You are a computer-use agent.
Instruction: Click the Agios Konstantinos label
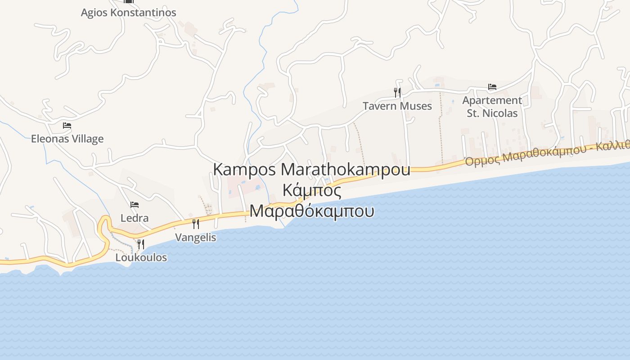point(128,13)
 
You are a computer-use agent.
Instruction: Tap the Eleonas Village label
point(67,139)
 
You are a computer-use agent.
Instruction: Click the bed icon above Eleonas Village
point(67,126)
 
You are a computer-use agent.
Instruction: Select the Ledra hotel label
point(135,218)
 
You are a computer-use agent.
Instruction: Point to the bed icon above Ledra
point(135,205)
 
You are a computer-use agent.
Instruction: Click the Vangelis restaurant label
point(196,237)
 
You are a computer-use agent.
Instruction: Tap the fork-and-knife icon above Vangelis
point(196,224)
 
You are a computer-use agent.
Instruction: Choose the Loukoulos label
point(141,257)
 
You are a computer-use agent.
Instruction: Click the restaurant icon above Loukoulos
point(141,244)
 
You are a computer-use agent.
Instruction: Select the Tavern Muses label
point(397,106)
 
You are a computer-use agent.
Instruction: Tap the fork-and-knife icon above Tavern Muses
point(397,93)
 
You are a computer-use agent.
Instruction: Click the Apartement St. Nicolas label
point(492,107)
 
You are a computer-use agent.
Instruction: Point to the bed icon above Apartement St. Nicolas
point(492,87)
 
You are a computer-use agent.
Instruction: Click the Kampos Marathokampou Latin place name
point(311,170)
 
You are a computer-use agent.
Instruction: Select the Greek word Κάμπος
point(311,190)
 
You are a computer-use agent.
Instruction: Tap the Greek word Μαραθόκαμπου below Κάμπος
point(311,211)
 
